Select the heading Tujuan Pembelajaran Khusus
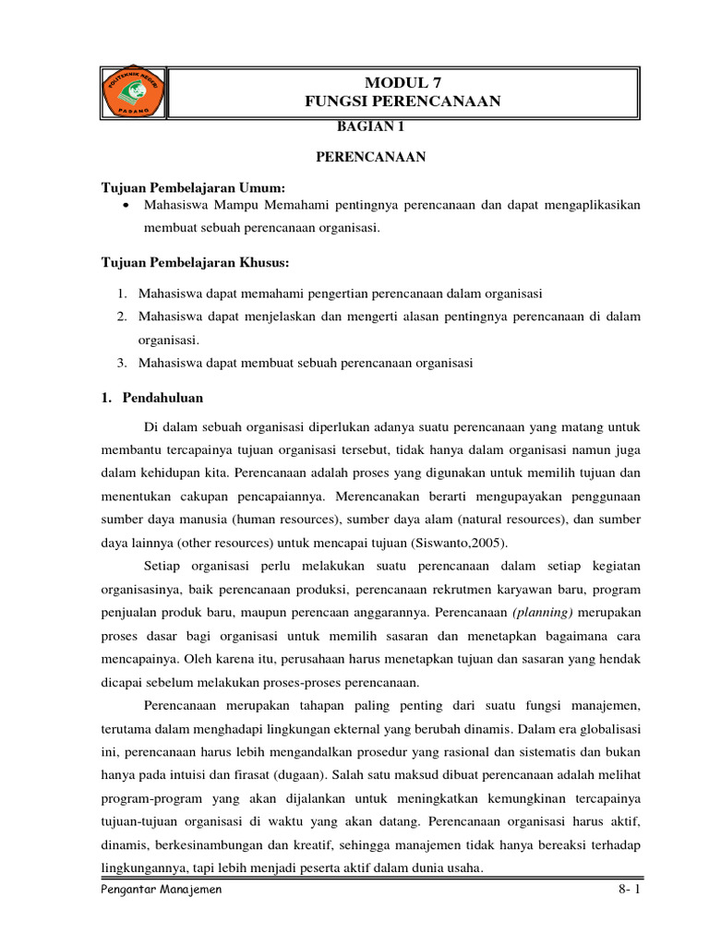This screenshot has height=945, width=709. (x=195, y=263)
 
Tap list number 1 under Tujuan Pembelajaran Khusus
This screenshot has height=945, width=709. (x=122, y=293)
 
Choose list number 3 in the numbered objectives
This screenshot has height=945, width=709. (x=122, y=363)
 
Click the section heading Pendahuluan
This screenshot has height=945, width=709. (x=162, y=398)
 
